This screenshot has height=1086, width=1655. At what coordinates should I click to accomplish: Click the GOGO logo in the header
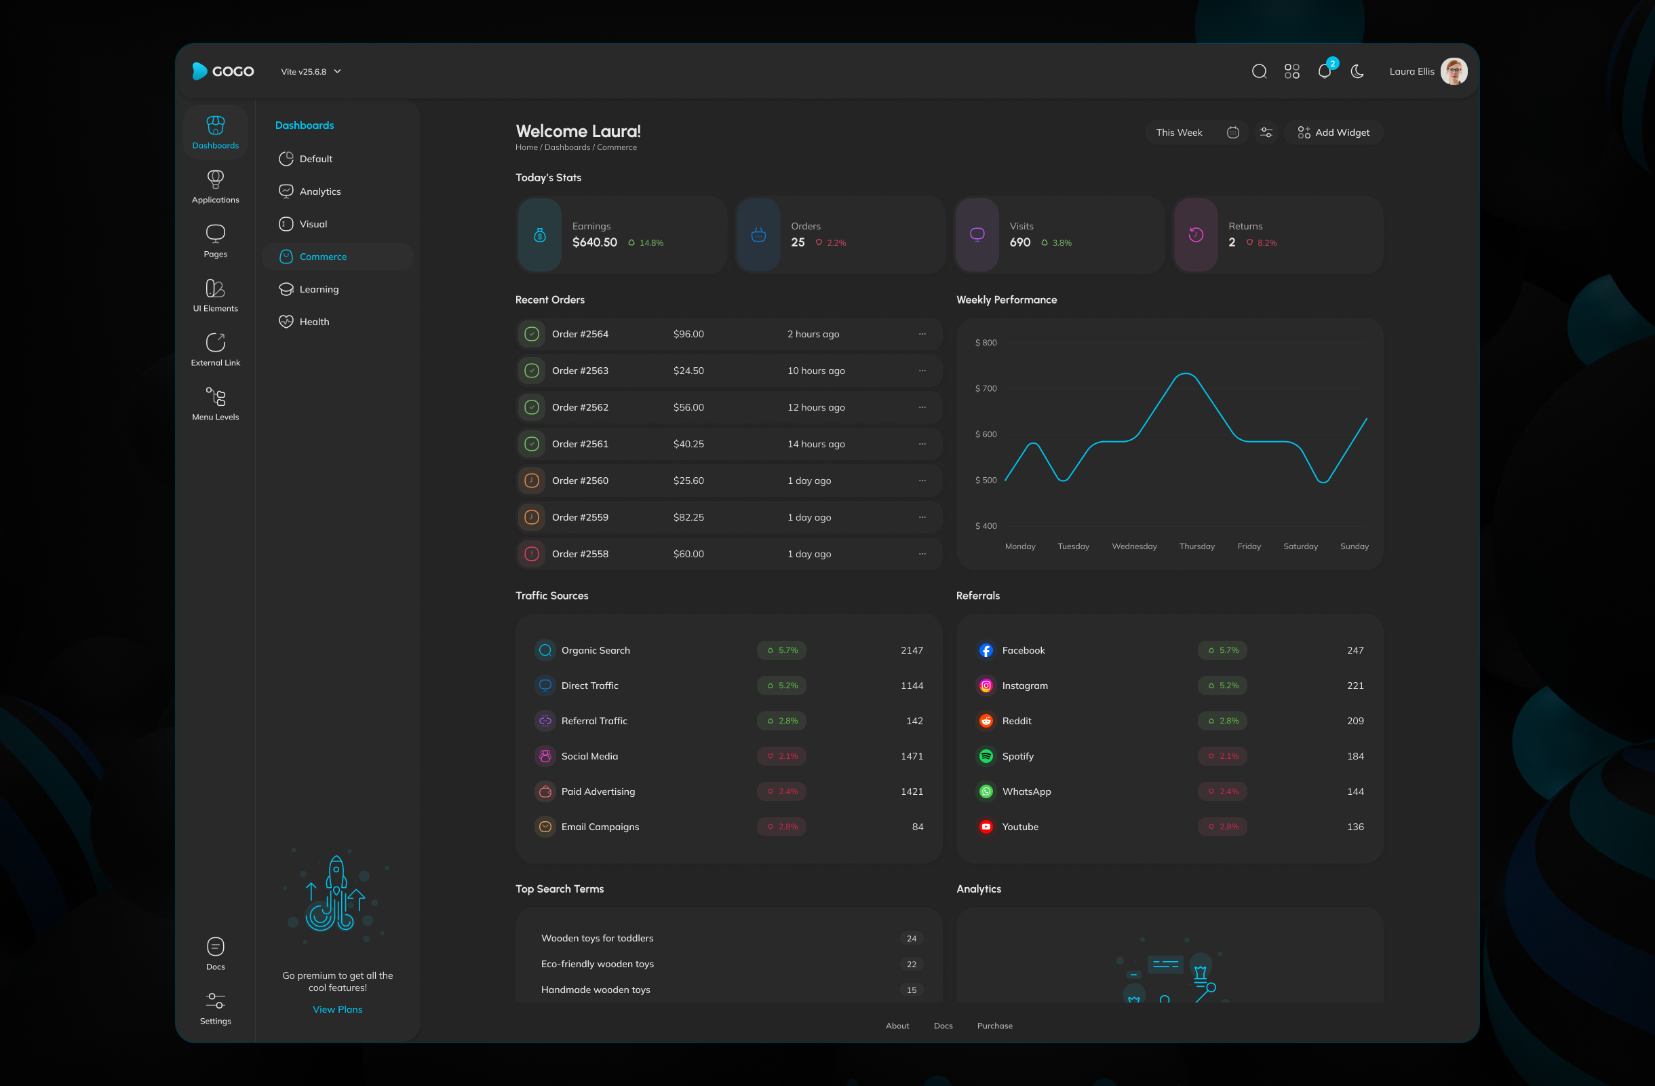222,72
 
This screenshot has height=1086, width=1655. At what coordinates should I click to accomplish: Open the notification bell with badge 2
1324,72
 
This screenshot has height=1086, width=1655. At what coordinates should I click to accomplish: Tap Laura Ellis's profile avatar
1454,72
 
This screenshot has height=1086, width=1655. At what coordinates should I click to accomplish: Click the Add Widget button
1333,133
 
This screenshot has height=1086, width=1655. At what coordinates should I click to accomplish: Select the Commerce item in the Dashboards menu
323,257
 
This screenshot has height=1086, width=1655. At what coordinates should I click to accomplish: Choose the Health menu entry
313,322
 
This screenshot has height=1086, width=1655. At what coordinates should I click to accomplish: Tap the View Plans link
337,1009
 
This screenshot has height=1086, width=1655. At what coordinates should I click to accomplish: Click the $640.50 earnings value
595,243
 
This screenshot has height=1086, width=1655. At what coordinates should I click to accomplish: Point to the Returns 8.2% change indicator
1262,243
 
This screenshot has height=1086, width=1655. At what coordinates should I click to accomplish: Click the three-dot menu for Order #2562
922,408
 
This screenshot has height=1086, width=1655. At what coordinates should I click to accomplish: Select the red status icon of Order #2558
532,555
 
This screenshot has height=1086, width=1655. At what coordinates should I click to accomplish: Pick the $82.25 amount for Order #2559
688,518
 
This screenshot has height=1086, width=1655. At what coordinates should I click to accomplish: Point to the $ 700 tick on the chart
986,389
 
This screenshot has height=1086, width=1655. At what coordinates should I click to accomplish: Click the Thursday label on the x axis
1196,547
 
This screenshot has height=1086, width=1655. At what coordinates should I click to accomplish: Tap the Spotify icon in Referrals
986,756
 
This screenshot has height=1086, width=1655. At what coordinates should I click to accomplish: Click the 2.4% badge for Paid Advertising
781,791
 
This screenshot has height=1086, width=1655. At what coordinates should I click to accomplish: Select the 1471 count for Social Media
911,756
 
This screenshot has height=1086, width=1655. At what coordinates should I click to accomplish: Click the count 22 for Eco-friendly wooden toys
911,965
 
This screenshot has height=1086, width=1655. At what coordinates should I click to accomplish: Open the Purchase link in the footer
994,1026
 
